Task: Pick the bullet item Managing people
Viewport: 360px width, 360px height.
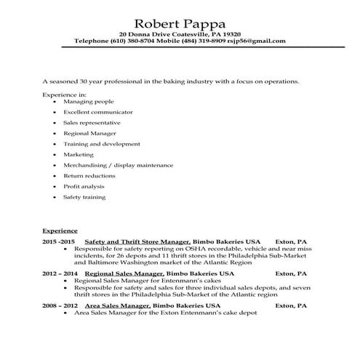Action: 84,103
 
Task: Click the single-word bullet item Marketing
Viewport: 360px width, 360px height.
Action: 79,155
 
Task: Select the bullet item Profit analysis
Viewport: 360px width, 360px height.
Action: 84,186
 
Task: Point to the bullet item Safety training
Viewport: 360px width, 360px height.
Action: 84,196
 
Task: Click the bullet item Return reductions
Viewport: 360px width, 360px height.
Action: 89,176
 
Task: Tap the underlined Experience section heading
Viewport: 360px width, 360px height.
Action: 60,230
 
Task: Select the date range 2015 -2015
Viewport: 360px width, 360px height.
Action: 59,240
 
